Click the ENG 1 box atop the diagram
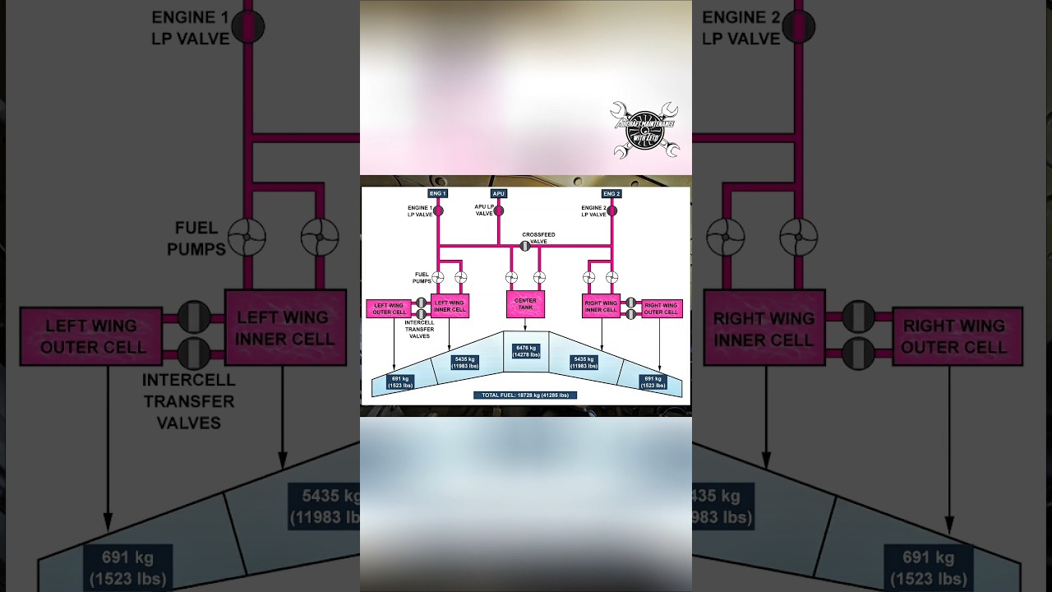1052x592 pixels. click(437, 194)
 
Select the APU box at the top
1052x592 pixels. click(498, 194)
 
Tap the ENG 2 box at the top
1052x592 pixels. click(611, 194)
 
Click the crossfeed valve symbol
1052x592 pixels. click(524, 246)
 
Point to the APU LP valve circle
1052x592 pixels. click(499, 210)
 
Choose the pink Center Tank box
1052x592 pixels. click(525, 304)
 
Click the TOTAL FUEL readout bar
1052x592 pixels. click(525, 395)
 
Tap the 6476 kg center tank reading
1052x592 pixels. click(526, 351)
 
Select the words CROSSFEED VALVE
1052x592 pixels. click(538, 238)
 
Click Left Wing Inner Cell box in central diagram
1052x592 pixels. click(450, 306)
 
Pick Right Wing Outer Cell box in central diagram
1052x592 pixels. click(661, 309)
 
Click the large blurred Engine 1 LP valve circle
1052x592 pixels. click(247, 27)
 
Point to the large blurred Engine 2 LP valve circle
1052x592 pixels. click(797, 27)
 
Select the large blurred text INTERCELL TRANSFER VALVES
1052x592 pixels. click(188, 401)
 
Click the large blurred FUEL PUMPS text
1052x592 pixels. click(196, 238)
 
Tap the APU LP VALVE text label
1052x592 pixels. click(484, 210)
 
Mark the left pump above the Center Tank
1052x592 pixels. click(511, 277)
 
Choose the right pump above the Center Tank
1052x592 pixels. click(539, 277)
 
